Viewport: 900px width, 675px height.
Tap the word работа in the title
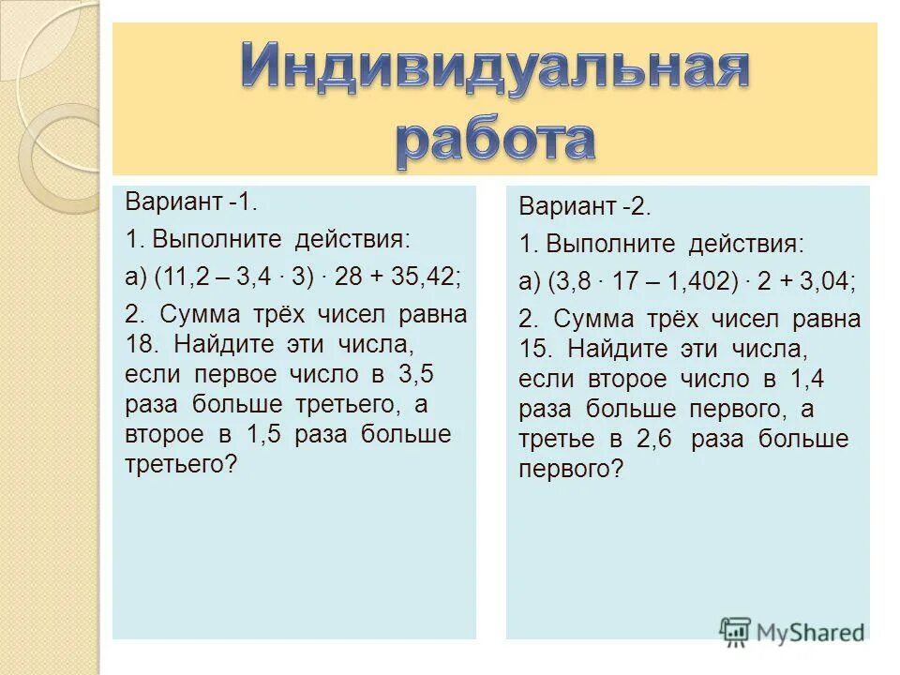point(495,139)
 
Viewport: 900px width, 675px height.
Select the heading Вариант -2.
point(584,206)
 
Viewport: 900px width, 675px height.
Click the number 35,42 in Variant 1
point(424,277)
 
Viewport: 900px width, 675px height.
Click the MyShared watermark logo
point(792,631)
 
